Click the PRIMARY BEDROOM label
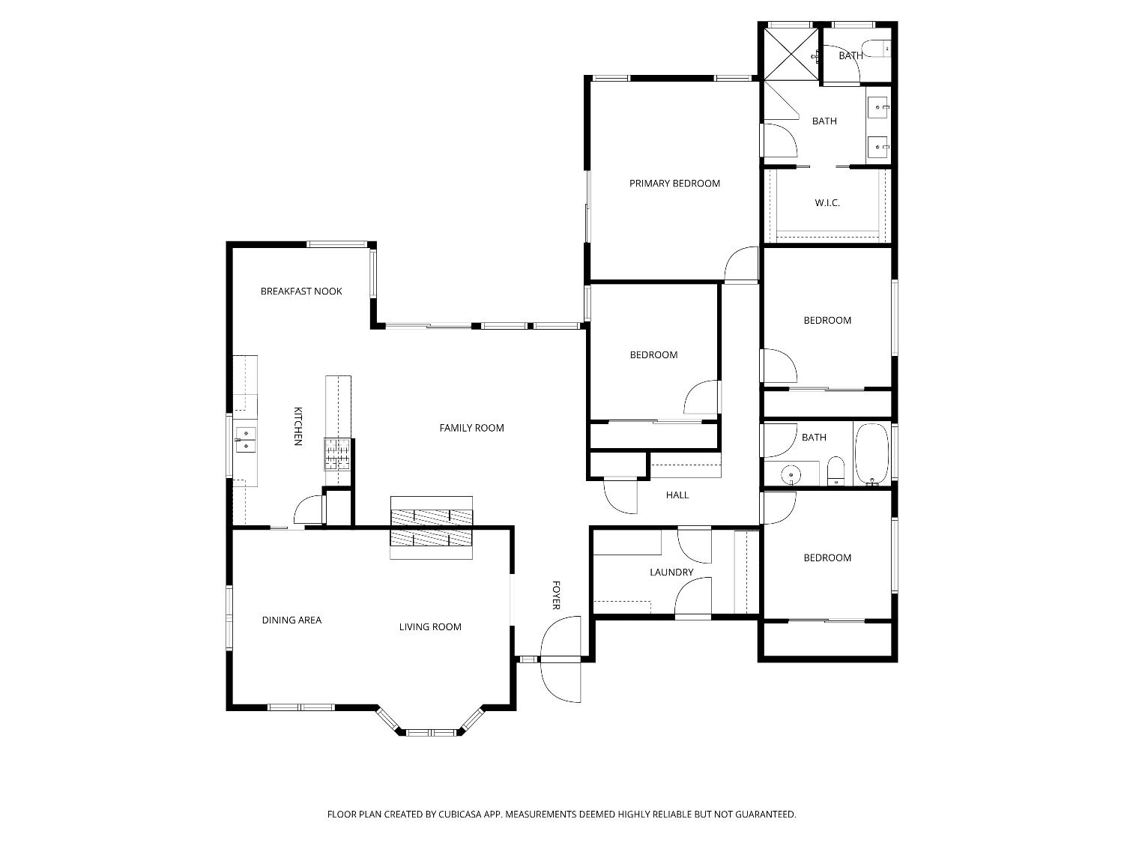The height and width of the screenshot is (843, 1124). [x=674, y=184]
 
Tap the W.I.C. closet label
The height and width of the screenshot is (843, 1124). [x=827, y=203]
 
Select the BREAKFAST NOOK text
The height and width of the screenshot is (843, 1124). [x=301, y=291]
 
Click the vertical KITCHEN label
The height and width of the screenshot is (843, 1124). [x=297, y=426]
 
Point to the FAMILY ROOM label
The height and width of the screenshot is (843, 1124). [x=471, y=428]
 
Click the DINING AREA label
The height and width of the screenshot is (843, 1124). [x=291, y=620]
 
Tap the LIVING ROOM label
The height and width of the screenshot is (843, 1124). [x=430, y=627]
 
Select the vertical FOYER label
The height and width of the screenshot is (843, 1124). [x=556, y=595]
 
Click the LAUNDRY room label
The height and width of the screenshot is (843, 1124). [x=671, y=572]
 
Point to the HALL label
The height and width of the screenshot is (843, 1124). [x=677, y=495]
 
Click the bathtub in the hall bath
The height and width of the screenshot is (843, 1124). [x=871, y=454]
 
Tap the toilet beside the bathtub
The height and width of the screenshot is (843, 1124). [x=836, y=471]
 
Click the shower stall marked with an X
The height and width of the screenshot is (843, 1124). [x=790, y=52]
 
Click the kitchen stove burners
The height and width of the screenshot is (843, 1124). [x=337, y=454]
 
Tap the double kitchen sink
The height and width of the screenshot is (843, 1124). [x=246, y=440]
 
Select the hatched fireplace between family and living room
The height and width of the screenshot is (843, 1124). [x=432, y=528]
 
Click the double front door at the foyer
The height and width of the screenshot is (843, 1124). [x=561, y=659]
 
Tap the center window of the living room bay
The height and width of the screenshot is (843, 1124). [x=431, y=732]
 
